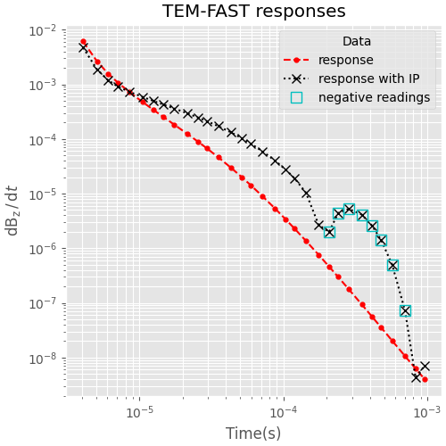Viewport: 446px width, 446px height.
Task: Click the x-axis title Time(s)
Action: pos(253,434)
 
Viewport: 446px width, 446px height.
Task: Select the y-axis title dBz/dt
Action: pos(12,211)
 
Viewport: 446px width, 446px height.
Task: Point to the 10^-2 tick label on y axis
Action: pos(41,30)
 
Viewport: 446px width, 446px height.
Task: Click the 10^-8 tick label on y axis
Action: pos(41,359)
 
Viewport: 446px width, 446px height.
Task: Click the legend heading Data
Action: pos(357,42)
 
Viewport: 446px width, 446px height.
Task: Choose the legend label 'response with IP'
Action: pos(369,78)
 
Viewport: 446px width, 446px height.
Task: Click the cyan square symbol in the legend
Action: pos(296,97)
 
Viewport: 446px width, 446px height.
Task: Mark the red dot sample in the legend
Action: pos(296,61)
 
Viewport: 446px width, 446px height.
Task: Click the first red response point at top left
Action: pos(83,41)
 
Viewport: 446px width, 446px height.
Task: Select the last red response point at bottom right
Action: pos(425,379)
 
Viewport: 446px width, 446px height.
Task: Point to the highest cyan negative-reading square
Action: pos(349,210)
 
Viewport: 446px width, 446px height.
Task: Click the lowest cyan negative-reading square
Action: pos(405,310)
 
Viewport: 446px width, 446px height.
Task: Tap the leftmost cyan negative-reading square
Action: pos(329,232)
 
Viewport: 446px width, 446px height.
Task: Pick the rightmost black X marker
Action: pos(425,366)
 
